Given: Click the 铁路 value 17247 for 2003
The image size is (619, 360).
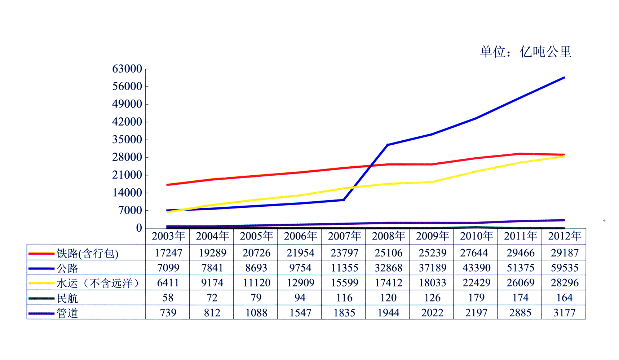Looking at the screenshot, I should pos(168,253).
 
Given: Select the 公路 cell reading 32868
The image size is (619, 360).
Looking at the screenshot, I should pos(388,268).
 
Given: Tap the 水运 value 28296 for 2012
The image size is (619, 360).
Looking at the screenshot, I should pos(564,283).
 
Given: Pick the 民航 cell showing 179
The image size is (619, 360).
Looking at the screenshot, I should pos(476,298).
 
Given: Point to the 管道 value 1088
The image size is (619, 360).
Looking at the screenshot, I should pos(256,313).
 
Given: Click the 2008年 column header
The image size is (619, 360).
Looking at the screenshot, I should pos(388,236).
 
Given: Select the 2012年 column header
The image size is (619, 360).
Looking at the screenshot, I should pos(564,236).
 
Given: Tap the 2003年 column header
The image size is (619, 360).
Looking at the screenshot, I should pos(168,236).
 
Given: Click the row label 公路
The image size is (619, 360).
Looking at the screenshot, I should pos(67,268).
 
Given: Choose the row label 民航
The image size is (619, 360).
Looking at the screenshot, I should pos(67,298).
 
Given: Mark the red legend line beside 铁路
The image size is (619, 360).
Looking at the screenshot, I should pos(41,254).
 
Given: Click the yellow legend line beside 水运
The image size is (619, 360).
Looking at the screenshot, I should pos(41,283).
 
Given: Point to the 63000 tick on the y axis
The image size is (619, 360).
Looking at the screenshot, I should pos(127,69).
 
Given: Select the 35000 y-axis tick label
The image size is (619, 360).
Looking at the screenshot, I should pos(127,140).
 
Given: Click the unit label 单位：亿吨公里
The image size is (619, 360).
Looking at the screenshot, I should pos(526,52).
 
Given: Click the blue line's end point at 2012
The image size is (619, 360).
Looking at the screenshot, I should pos(564,78).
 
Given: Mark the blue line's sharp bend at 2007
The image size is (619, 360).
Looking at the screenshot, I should pos(344,200).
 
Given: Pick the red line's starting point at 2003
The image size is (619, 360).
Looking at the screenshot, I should pos(167,185).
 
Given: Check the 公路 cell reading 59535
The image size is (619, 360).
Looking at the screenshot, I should pos(564,268).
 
